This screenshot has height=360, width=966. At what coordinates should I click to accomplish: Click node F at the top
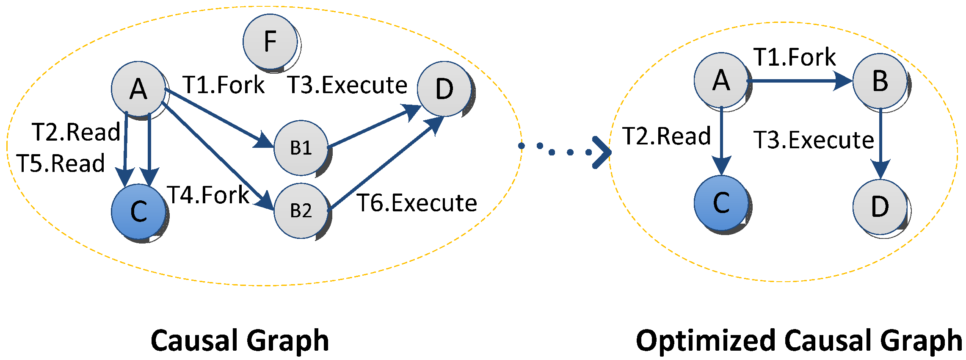coord(270,42)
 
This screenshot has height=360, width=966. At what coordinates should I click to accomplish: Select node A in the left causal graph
coord(138,89)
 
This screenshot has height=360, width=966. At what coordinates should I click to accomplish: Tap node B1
coord(301,148)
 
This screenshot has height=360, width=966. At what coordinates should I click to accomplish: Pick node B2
coord(301,210)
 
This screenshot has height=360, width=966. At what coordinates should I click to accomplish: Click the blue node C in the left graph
coord(138,211)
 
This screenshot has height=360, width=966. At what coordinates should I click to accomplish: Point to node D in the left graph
coord(444,89)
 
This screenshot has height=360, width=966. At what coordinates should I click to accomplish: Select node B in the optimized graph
coord(880,80)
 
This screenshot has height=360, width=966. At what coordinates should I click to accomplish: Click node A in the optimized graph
coord(721,80)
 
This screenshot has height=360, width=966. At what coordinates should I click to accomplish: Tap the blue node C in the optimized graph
coord(721,203)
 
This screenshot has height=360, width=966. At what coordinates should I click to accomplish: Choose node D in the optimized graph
coord(880,207)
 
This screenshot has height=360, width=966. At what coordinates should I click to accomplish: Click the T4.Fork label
coord(208,195)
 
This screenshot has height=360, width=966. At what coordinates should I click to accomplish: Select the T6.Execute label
coord(417,203)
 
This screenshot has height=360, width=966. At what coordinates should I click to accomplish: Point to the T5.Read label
coord(61,163)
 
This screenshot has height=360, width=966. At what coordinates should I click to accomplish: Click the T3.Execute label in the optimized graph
coord(814,140)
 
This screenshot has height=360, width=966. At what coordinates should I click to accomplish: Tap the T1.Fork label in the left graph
coord(224,85)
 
